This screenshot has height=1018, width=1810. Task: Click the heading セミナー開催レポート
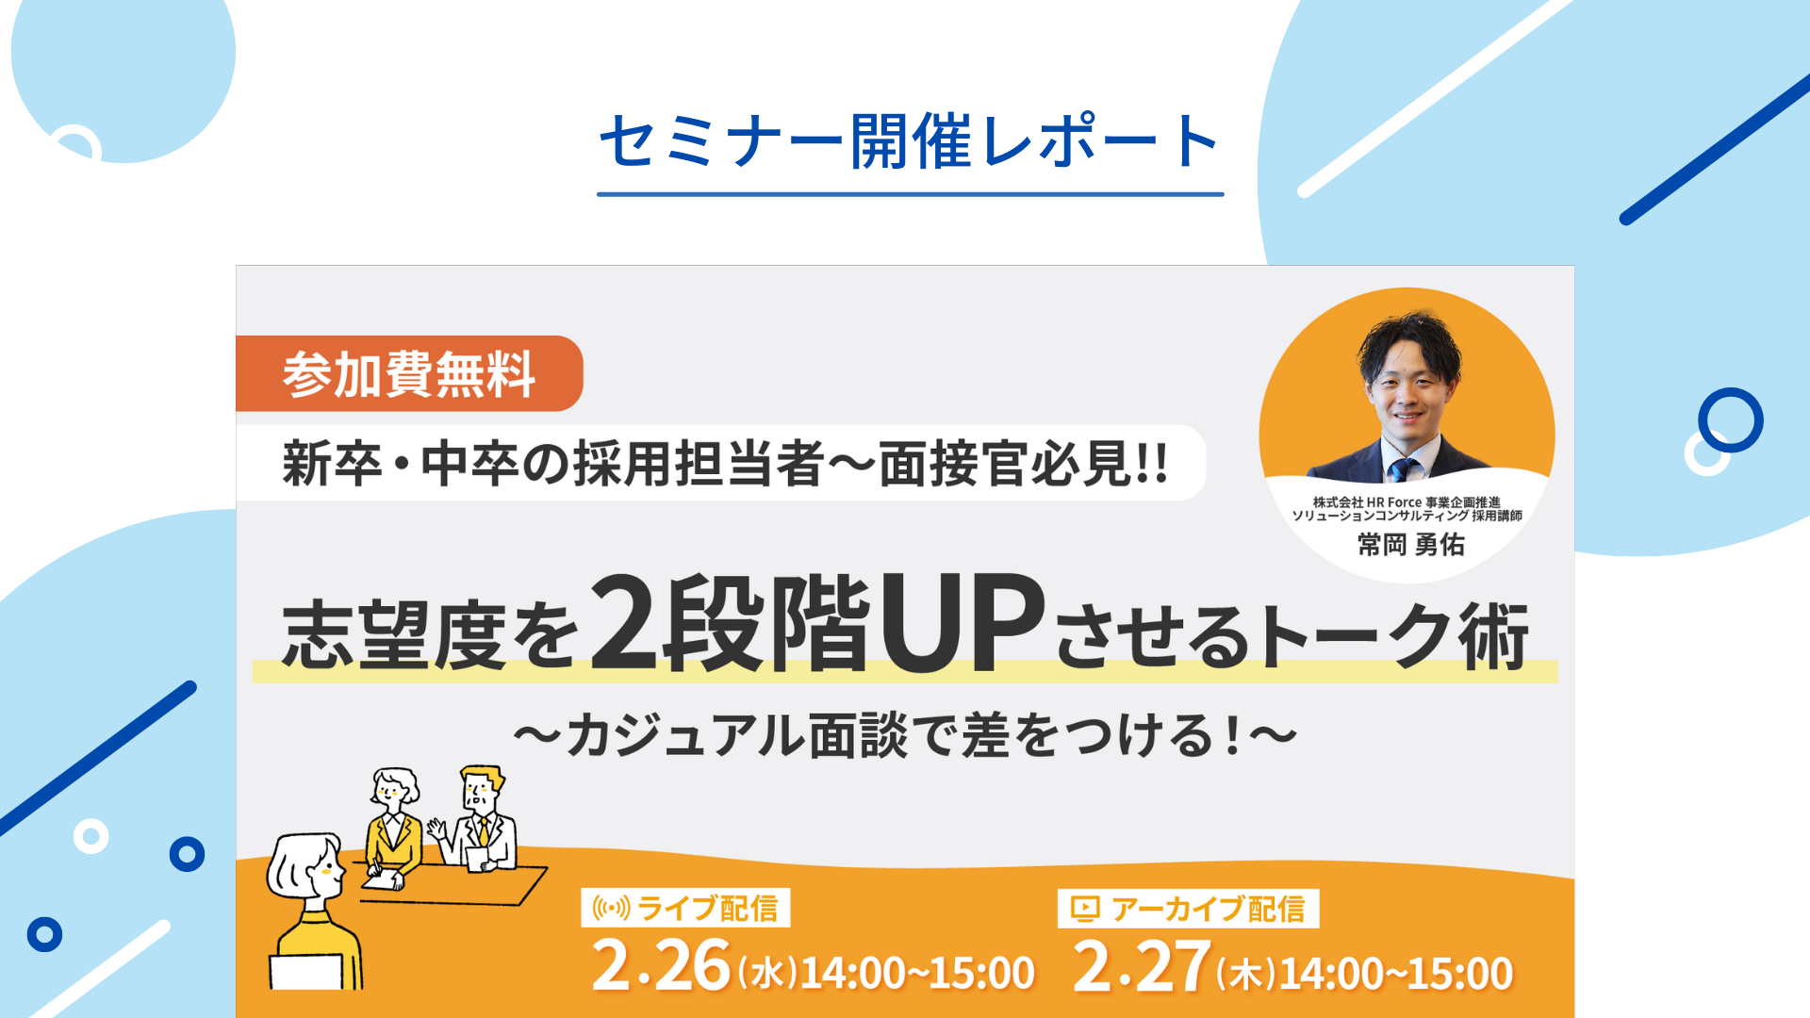tap(911, 141)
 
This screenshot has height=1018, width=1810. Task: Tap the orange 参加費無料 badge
tap(409, 373)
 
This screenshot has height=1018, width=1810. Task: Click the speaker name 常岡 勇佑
tap(1411, 545)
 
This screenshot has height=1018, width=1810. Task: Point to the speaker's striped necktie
tap(1402, 468)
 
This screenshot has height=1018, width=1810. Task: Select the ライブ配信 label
tap(708, 908)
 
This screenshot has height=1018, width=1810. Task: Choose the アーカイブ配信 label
tap(1209, 909)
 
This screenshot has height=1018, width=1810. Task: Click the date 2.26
tap(661, 967)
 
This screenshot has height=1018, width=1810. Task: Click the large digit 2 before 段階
tap(624, 623)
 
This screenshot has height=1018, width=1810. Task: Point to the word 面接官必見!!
tap(1024, 464)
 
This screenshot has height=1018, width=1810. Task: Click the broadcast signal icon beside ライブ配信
tap(611, 909)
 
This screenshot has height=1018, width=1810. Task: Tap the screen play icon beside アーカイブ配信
tap(1085, 909)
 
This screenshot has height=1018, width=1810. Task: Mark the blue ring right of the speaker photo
tap(1731, 419)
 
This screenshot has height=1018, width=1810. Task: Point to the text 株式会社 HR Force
tap(1367, 502)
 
